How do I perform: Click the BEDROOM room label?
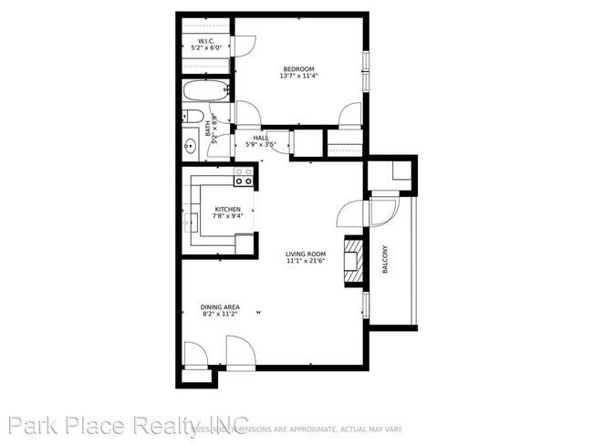[298, 69]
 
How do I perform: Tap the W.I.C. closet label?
[206, 41]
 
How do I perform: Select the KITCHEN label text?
[215, 209]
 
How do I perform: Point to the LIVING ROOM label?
[306, 254]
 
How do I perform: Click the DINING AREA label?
[219, 307]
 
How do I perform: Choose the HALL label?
[248, 138]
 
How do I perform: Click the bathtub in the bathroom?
[205, 92]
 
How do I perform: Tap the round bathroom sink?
[191, 144]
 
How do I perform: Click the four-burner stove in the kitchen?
[244, 176]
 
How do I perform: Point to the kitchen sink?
[192, 221]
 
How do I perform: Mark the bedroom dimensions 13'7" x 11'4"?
[298, 77]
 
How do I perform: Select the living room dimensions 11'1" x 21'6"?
[306, 262]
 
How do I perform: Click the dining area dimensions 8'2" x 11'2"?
[219, 315]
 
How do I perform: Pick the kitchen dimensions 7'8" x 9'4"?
[215, 216]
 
